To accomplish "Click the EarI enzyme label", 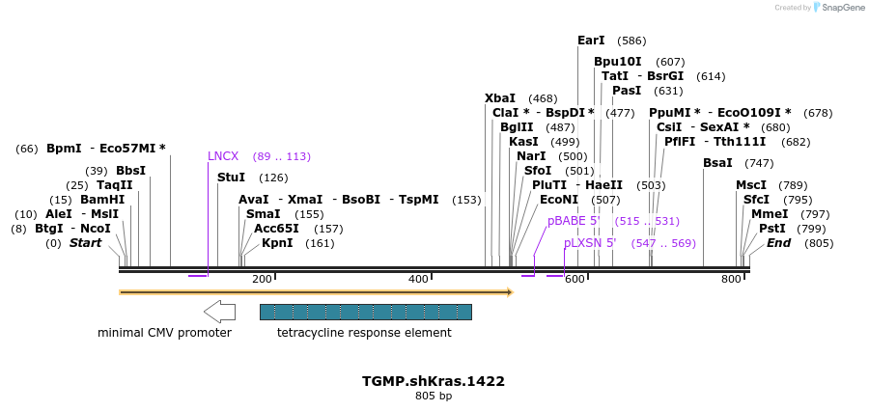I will click(591, 41).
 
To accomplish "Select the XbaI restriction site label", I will click(500, 98).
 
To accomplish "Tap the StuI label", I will click(231, 178).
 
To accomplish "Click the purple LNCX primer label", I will click(223, 155).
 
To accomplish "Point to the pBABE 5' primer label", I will click(575, 221).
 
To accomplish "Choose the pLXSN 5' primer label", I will click(590, 243).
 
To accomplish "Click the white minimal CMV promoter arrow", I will click(220, 311).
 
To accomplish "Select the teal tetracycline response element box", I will click(365, 312).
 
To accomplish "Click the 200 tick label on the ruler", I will click(262, 279).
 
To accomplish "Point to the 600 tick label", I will click(575, 279).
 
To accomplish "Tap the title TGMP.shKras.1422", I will click(434, 381).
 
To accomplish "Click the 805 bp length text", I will click(434, 396).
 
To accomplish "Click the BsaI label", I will click(717, 163).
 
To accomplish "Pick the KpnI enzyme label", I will click(277, 243).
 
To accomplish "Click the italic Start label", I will click(85, 243).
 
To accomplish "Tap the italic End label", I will click(778, 243).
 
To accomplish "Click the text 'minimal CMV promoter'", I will click(164, 333).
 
